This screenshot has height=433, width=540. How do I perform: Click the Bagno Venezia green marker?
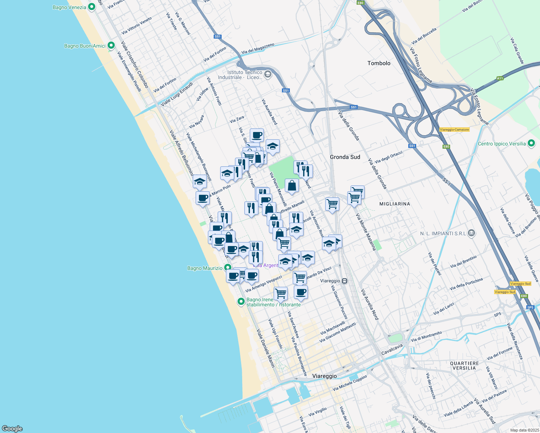(x=92, y=6)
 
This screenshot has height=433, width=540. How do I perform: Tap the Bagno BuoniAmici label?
(x=85, y=46)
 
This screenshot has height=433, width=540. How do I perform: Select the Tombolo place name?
(x=379, y=63)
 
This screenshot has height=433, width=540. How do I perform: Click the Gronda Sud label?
(x=345, y=157)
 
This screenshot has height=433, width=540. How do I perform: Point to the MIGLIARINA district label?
(x=395, y=204)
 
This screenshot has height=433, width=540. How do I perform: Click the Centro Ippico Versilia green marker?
(x=531, y=143)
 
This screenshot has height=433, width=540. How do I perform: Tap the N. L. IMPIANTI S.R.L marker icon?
(x=471, y=233)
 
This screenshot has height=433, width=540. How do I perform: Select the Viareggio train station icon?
(x=345, y=281)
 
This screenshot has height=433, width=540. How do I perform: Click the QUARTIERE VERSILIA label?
(x=464, y=366)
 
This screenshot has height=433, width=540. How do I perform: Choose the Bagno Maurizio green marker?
(x=227, y=268)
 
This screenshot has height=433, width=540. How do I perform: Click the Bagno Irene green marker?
(x=241, y=301)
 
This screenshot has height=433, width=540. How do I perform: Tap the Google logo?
(x=12, y=428)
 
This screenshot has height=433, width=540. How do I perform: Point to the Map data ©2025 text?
(x=524, y=430)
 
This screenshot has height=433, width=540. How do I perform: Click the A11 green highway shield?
(x=500, y=78)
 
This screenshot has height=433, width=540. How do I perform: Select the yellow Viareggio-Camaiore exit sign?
(x=454, y=130)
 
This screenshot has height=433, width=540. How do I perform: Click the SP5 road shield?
(x=530, y=307)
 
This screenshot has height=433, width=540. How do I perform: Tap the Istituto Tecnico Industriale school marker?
(x=267, y=74)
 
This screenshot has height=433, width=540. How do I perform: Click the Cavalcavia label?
(x=392, y=349)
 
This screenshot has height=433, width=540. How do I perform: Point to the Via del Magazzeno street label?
(x=258, y=49)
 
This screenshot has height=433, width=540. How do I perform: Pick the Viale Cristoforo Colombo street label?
(x=134, y=65)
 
